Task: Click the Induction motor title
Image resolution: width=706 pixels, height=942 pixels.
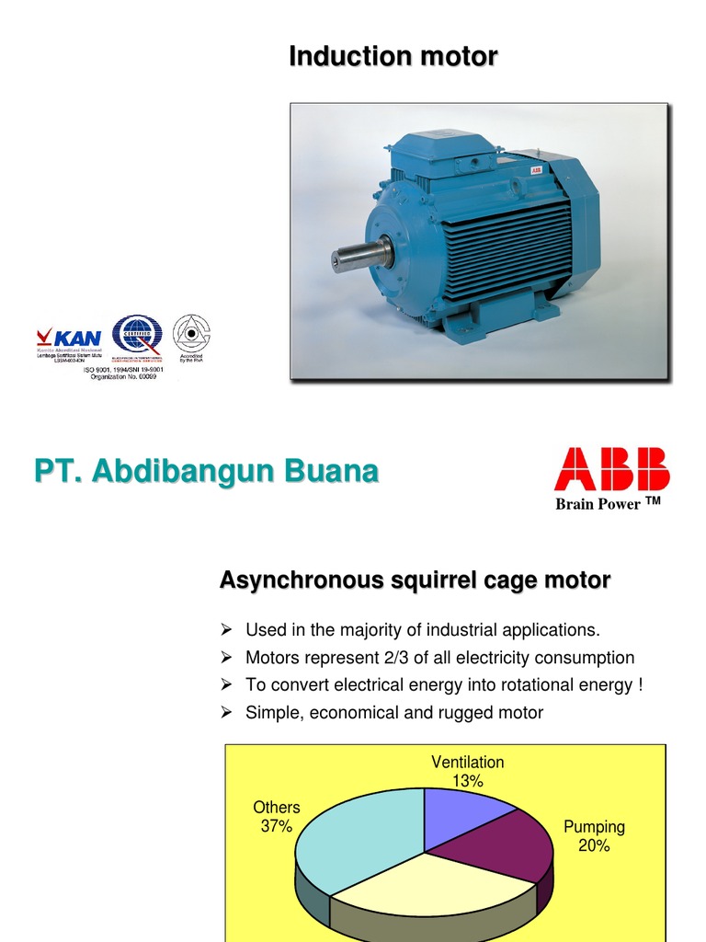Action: pyautogui.click(x=393, y=56)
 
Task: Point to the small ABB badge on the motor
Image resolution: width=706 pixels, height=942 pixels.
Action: pyautogui.click(x=534, y=169)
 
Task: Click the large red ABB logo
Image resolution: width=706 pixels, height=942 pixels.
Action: pyautogui.click(x=611, y=469)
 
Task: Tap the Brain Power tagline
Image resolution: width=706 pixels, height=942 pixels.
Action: pyautogui.click(x=608, y=504)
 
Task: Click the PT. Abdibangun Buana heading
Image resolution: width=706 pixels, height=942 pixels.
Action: pyautogui.click(x=206, y=473)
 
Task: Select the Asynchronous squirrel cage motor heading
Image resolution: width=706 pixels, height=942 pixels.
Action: pyautogui.click(x=415, y=580)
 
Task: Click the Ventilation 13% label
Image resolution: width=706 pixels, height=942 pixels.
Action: pyautogui.click(x=468, y=772)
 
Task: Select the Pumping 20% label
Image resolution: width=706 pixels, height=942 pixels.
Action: pyautogui.click(x=594, y=836)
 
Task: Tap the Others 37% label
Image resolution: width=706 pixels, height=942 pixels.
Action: pyautogui.click(x=277, y=817)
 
